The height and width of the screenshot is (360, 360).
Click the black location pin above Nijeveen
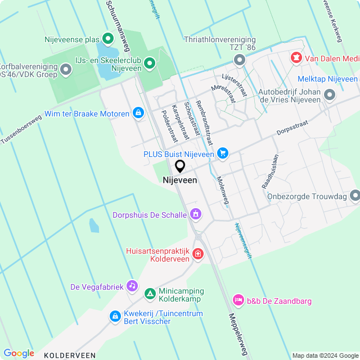tap(180, 166)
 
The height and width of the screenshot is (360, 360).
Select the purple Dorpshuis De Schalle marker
tap(196, 214)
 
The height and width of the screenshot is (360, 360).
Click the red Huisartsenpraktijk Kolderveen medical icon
tap(197, 255)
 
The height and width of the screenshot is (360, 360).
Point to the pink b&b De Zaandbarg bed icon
tap(238, 301)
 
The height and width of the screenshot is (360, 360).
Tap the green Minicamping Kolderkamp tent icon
tap(150, 294)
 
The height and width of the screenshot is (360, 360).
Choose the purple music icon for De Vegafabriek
tap(132, 286)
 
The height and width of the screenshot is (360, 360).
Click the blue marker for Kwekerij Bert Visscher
tap(115, 317)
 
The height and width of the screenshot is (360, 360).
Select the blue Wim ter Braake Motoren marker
tap(138, 114)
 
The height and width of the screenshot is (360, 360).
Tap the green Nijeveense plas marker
tap(108, 39)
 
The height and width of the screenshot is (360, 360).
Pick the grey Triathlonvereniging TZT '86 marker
tap(240, 60)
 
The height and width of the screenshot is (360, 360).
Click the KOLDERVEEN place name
tap(70, 355)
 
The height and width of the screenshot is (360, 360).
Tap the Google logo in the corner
tap(19, 353)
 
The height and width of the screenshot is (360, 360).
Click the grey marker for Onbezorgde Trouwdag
tap(354, 196)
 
